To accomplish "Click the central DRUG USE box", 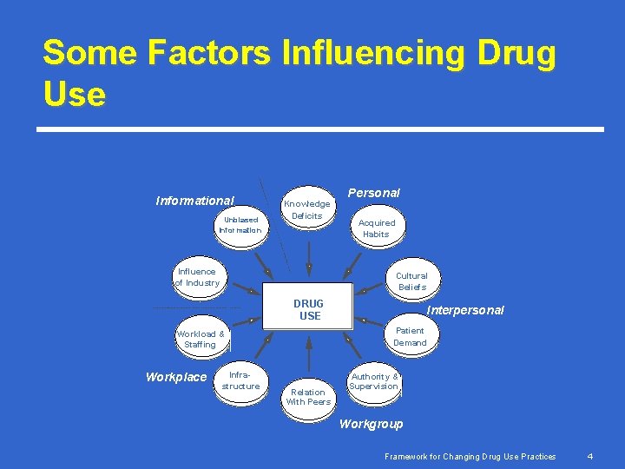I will coord(308,309).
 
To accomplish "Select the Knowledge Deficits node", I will coord(307,209).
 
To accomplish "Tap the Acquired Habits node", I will coord(376,228).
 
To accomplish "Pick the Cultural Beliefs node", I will coord(411,281).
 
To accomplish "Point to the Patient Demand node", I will coord(410,336).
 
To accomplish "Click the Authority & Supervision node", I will coord(374,381).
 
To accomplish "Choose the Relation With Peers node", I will coord(308,397).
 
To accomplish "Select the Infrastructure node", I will coord(240,380).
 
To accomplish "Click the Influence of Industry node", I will coord(197,277).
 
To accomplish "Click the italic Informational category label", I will coord(194,201).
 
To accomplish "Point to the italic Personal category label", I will coord(373,192).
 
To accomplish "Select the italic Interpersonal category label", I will coord(465,310).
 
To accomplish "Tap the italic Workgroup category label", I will coord(371,424).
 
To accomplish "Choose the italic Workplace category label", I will coord(176,377).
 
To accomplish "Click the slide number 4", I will coord(589,456).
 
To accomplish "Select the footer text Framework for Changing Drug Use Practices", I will coord(471,456).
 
